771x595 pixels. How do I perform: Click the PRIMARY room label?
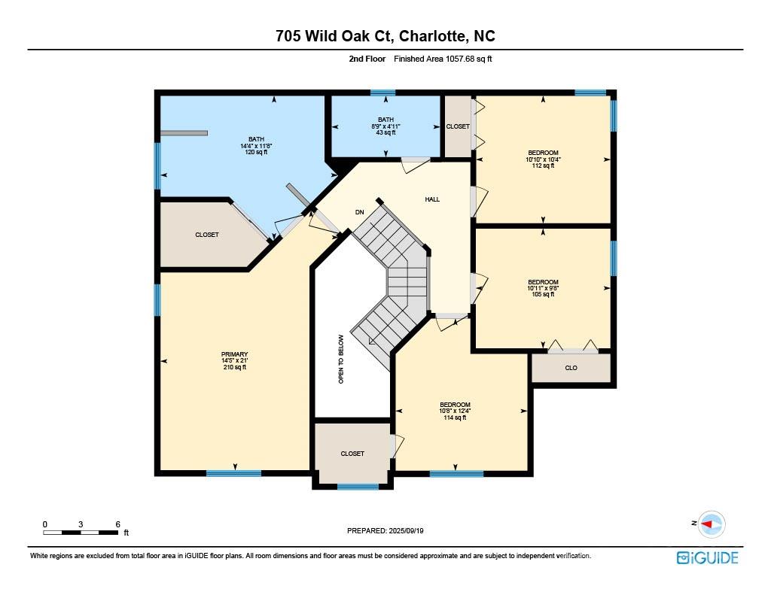(235, 354)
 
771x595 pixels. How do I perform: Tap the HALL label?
(432, 199)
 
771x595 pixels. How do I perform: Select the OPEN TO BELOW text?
(341, 359)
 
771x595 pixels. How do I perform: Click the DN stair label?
(360, 212)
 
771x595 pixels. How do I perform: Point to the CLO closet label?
(571, 368)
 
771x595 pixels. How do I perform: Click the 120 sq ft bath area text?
(256, 152)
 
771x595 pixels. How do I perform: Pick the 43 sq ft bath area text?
(385, 132)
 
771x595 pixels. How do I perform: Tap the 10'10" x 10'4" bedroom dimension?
(544, 159)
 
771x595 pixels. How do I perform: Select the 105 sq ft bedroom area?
(543, 294)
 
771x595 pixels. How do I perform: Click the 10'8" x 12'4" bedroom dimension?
(455, 411)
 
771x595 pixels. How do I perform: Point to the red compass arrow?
(707, 524)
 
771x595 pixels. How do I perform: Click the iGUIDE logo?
(707, 557)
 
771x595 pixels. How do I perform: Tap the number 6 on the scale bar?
(118, 524)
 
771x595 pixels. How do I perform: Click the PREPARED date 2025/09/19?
(406, 530)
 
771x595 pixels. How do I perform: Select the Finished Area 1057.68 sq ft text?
(443, 59)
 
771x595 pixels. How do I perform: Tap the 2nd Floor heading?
(367, 59)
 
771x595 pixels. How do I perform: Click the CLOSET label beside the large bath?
(207, 235)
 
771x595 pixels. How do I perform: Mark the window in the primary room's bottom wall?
(233, 473)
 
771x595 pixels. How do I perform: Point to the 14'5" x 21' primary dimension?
(235, 360)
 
